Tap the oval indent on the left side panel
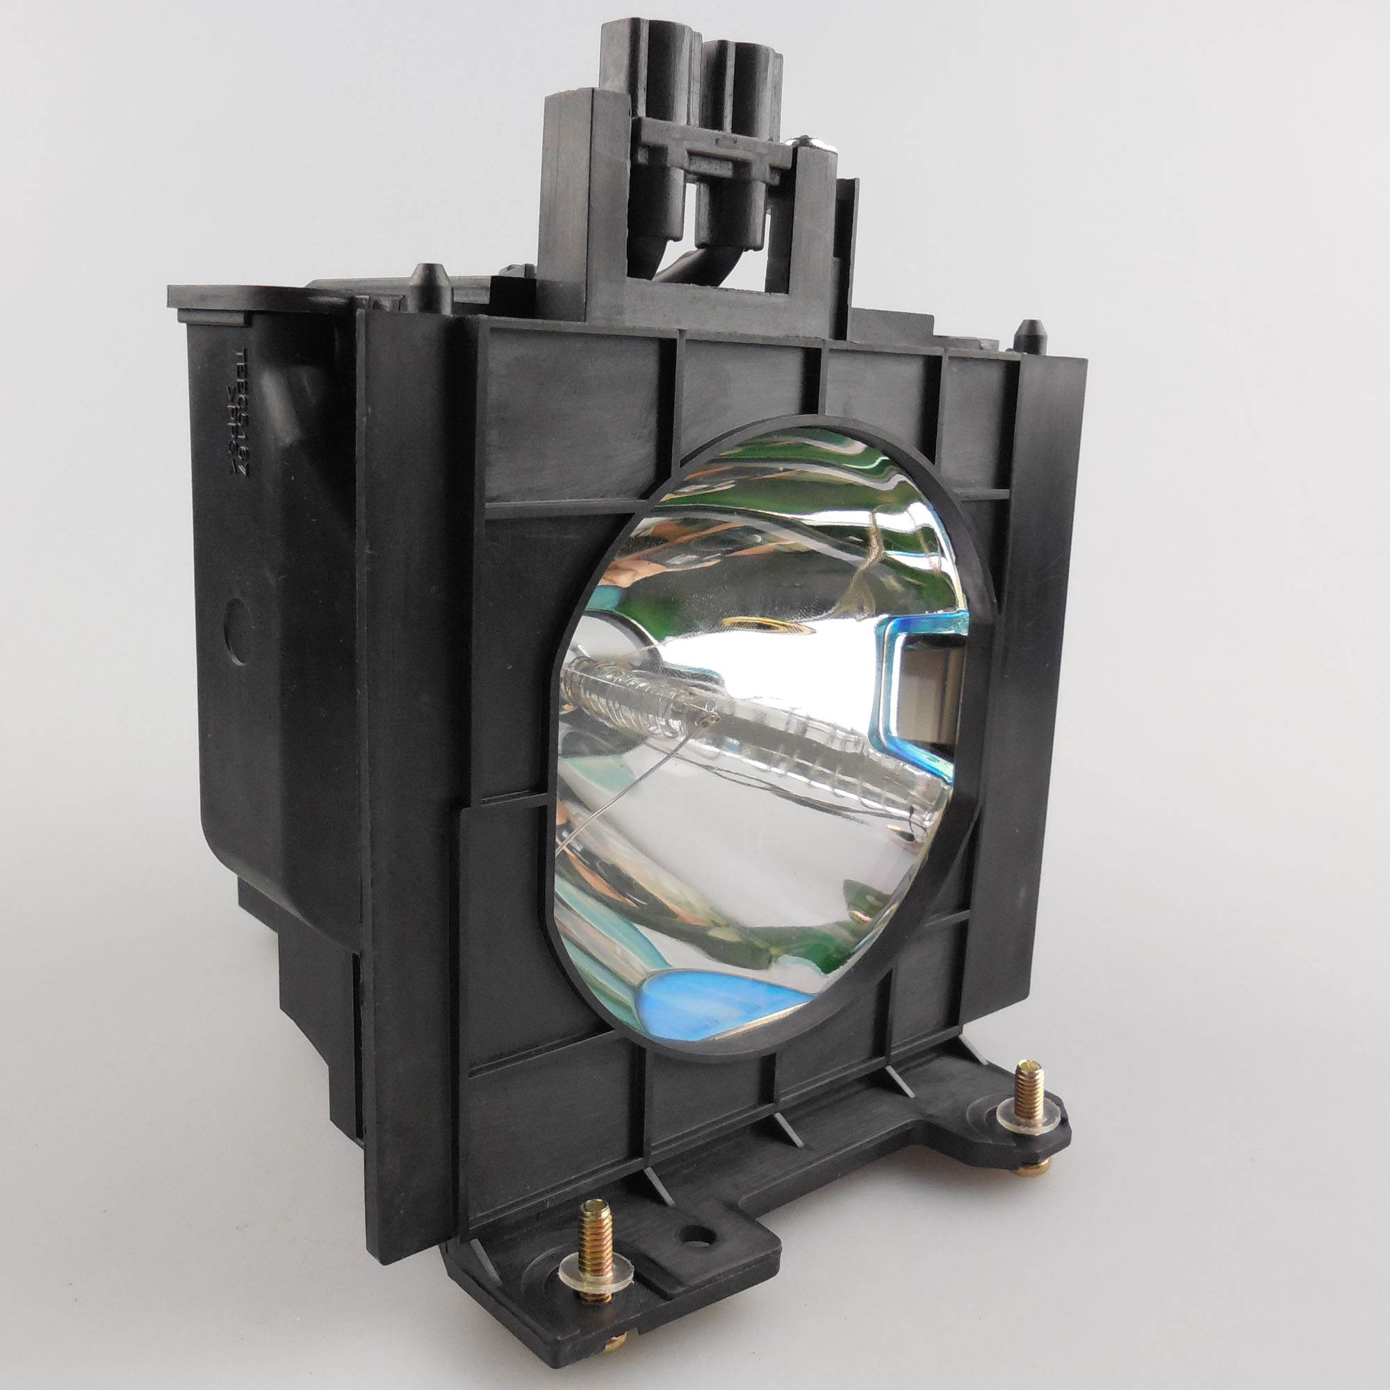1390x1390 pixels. pyautogui.click(x=239, y=641)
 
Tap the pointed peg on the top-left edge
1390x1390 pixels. pyautogui.click(x=430, y=277)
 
